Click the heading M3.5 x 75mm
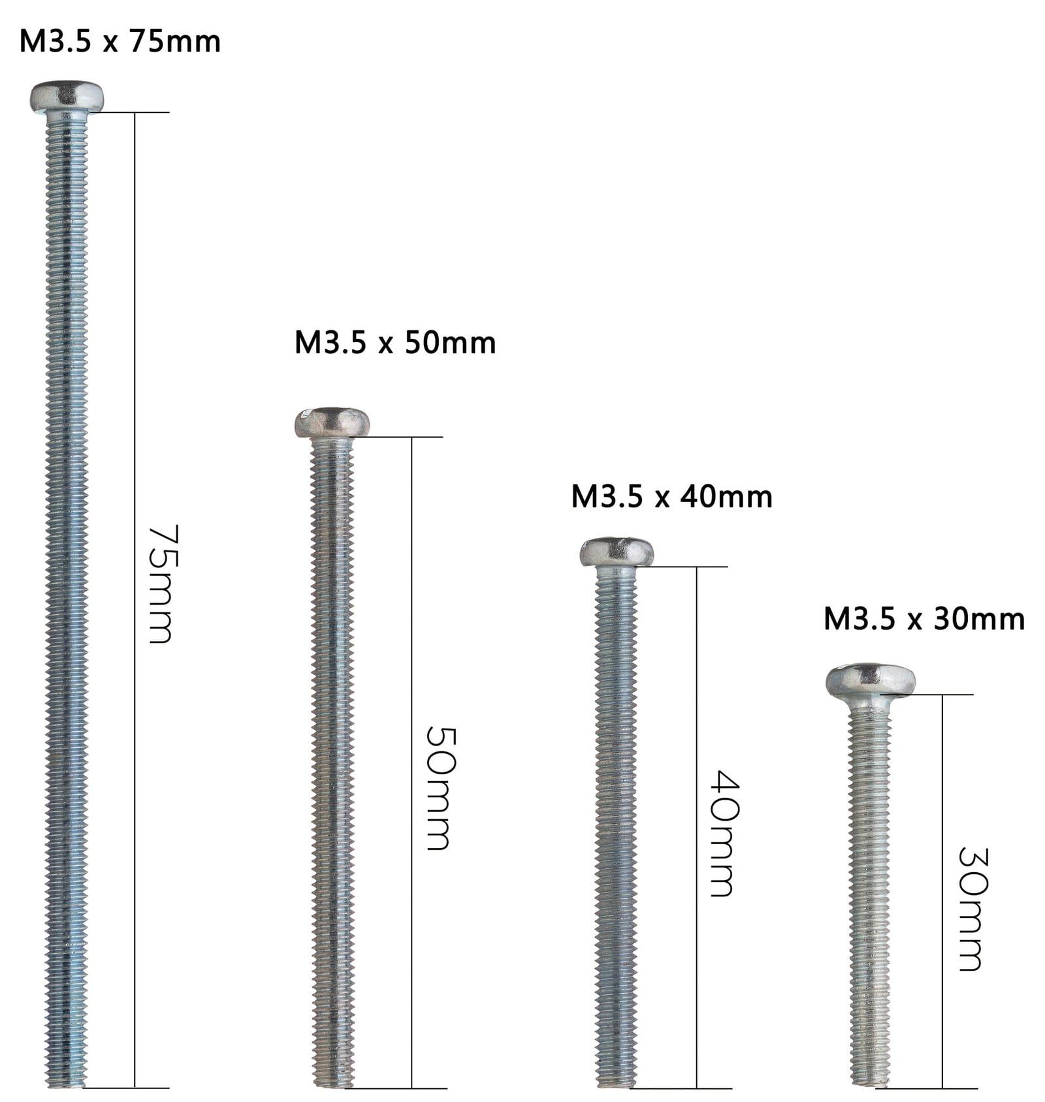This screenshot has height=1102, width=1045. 120,41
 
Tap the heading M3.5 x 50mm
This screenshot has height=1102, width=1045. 395,343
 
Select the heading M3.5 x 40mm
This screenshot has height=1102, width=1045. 671,497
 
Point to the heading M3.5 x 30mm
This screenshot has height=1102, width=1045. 924,619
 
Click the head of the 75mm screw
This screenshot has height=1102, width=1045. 67,97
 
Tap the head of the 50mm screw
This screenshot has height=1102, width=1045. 332,422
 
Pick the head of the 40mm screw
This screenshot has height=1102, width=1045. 617,552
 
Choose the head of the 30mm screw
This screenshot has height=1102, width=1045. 870,680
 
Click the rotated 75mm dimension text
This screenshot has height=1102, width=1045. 160,584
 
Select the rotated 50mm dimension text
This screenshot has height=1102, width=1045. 438,788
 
